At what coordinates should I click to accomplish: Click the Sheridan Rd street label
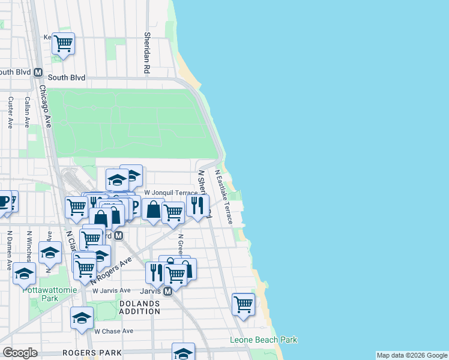pos(146,53)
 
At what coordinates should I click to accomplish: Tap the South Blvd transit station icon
pos(38,72)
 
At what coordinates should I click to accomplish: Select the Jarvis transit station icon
pos(168,291)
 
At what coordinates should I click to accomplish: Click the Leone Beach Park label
pos(264,340)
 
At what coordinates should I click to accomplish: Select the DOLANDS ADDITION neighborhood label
pos(139,307)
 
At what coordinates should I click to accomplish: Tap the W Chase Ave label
pos(113,331)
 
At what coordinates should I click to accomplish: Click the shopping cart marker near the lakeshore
pos(243,304)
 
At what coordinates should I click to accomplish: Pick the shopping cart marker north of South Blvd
pos(63,43)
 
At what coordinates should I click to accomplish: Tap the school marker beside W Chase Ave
pos(82,318)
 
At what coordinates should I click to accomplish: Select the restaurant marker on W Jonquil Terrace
pos(197,205)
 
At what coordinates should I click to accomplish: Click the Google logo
pos(20,353)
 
